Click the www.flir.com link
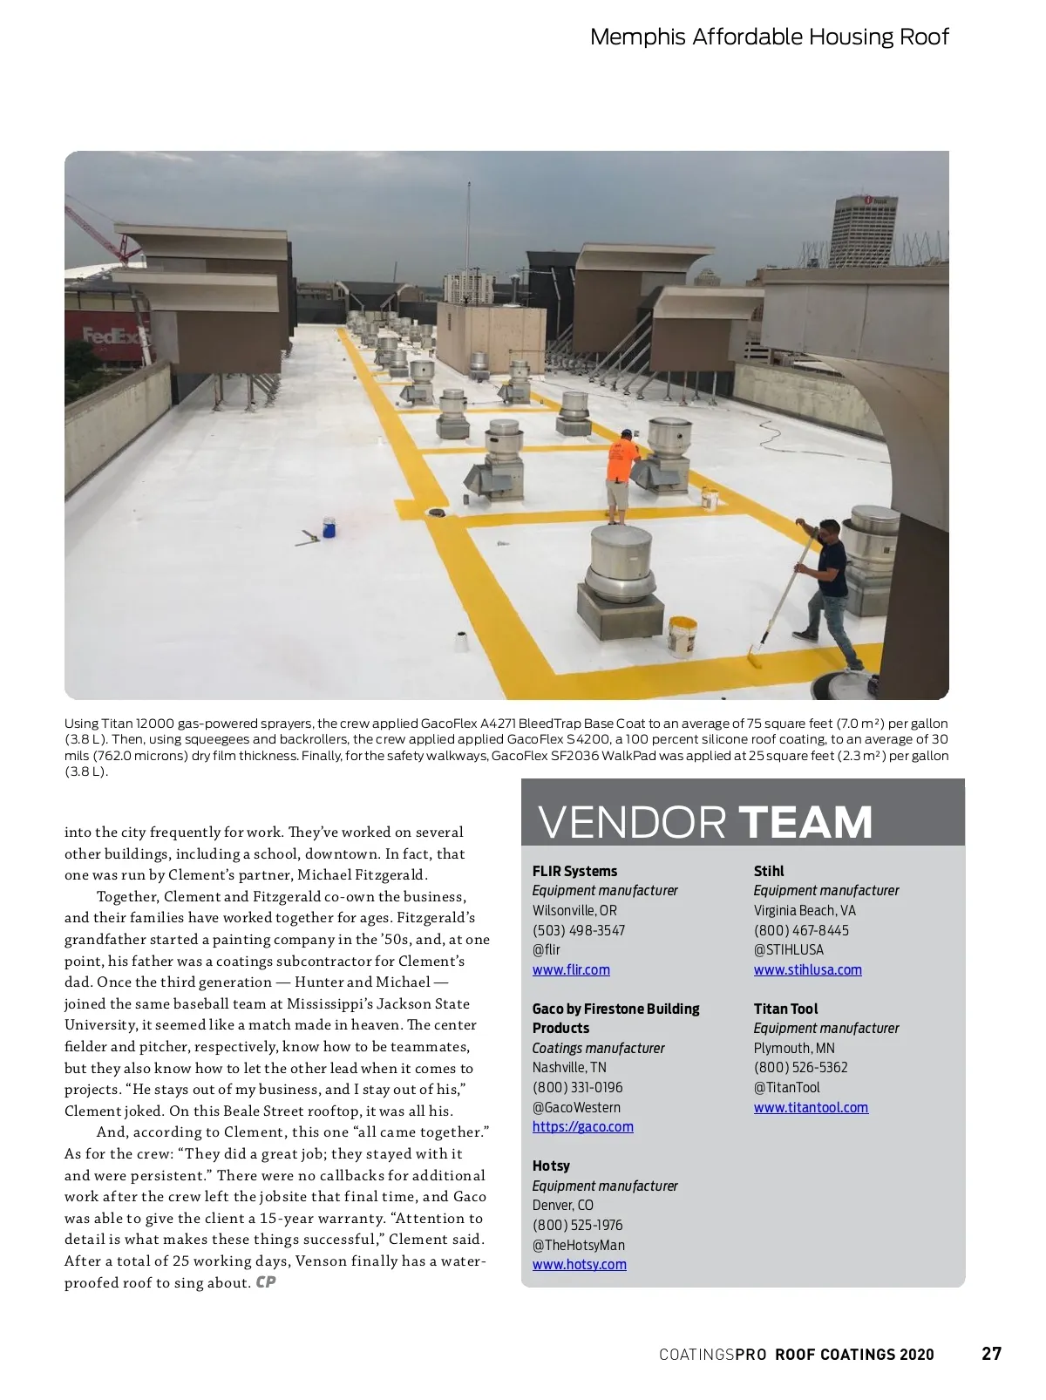tap(571, 969)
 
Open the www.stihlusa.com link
tap(807, 969)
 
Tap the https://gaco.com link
tap(582, 1126)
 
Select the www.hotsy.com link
tap(579, 1264)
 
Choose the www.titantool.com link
tap(811, 1107)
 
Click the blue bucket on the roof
tap(329, 527)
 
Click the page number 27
tap(991, 1353)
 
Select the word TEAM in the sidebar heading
tap(805, 822)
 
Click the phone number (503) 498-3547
tap(578, 930)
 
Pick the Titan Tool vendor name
tap(785, 1009)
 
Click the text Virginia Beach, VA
tap(804, 910)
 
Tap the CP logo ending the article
tap(266, 1282)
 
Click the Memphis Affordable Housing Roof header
tap(769, 37)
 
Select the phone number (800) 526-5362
tap(800, 1067)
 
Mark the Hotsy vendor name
tap(551, 1166)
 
